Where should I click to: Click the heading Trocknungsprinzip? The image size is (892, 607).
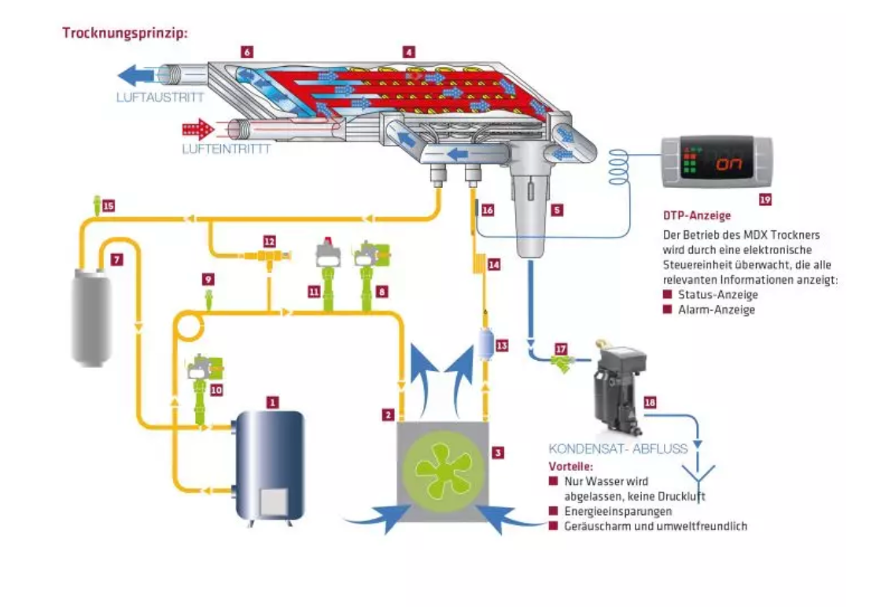point(124,34)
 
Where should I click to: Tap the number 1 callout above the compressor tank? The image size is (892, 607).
point(273,403)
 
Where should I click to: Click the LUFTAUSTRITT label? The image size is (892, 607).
point(160,97)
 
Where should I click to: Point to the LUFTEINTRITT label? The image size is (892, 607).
point(226,149)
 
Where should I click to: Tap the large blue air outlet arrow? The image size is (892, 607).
point(137,75)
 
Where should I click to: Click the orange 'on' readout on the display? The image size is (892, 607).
point(729,164)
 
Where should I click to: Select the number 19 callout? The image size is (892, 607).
point(765,200)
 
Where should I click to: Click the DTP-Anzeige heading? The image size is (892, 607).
point(697,215)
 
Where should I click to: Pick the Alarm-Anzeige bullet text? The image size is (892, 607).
point(717,310)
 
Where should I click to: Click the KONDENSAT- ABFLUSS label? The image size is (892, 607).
point(617,448)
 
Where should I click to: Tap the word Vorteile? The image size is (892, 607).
point(570,466)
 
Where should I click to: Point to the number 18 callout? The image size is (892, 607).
point(651,403)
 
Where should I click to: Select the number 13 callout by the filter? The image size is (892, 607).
point(502,345)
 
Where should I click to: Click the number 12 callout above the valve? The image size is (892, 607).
point(270,241)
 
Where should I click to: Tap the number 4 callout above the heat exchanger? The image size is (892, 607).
point(409,53)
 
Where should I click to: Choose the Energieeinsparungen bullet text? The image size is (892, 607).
point(617,511)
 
